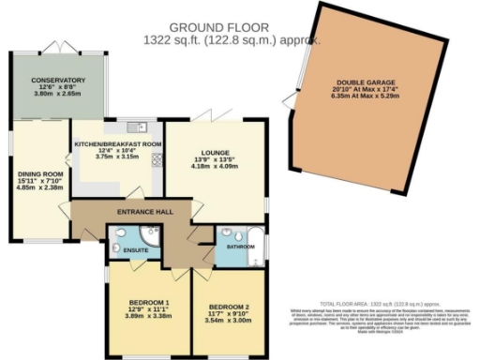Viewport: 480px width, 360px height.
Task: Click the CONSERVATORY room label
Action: click(58, 81)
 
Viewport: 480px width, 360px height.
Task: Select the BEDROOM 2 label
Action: click(228, 307)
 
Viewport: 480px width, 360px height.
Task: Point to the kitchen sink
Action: click(141, 126)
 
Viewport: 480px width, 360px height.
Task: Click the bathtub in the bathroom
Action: click(253, 245)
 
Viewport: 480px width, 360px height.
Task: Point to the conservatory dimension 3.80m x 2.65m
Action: click(58, 94)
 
